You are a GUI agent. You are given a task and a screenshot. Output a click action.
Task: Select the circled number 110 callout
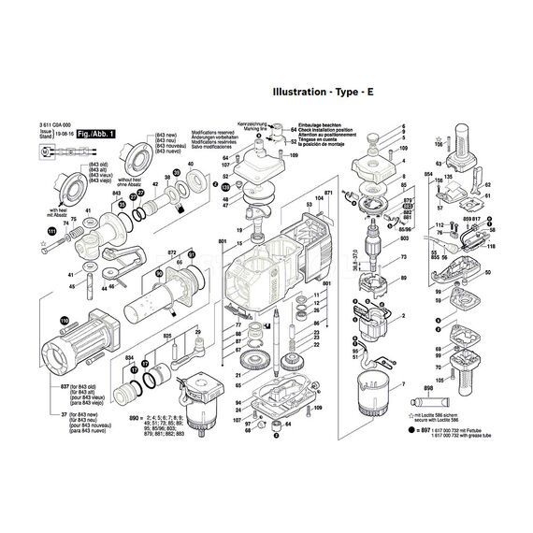coord(65,322)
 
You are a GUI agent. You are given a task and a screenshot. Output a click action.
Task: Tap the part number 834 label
coord(130,359)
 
